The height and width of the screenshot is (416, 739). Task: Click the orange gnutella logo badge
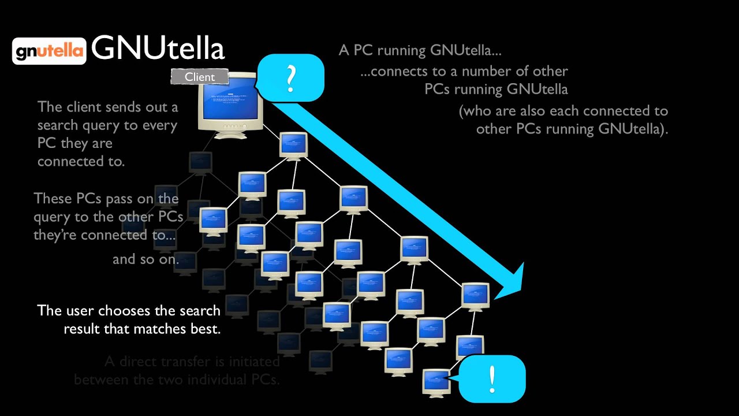pos(49,51)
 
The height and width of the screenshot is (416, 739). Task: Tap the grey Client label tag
pos(199,76)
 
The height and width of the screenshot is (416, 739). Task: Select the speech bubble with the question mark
pos(290,77)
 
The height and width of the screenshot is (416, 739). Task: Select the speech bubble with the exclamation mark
pos(492,378)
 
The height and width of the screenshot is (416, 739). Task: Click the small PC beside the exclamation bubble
pos(436,381)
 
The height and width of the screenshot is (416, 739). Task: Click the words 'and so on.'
pos(145,259)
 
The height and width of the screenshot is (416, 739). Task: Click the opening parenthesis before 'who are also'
pos(462,111)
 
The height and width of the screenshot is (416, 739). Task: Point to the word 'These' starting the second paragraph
pos(53,199)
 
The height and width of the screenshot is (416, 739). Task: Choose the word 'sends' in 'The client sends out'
pos(135,107)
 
